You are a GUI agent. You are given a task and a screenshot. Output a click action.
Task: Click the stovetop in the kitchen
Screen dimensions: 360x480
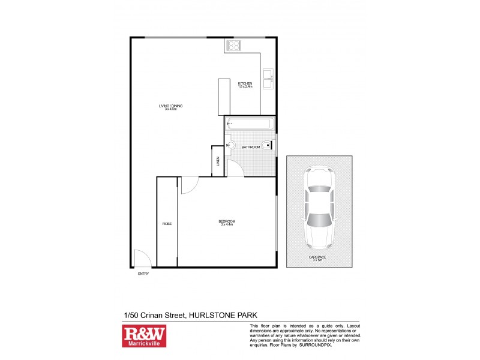click(233, 46)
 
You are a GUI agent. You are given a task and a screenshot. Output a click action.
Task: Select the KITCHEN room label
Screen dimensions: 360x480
click(245, 83)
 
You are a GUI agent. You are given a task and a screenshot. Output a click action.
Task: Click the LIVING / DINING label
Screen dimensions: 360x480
click(170, 106)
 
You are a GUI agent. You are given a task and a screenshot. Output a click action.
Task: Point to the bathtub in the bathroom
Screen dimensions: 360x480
click(250, 124)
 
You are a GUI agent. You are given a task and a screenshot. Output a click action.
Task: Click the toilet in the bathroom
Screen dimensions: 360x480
click(267, 144)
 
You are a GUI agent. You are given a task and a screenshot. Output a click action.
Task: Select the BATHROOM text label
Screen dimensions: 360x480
click(251, 147)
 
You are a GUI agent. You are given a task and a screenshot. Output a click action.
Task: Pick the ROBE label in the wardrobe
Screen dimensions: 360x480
click(167, 224)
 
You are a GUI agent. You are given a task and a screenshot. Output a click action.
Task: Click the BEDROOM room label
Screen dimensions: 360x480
click(227, 221)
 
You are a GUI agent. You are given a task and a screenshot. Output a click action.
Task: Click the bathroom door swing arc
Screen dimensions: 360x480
click(235, 169)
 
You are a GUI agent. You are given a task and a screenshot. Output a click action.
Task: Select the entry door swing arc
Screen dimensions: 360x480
click(142, 259)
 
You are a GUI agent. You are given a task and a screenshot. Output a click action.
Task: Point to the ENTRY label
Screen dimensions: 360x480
click(143, 274)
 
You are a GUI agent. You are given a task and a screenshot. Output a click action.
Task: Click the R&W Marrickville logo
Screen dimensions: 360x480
click(144, 337)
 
